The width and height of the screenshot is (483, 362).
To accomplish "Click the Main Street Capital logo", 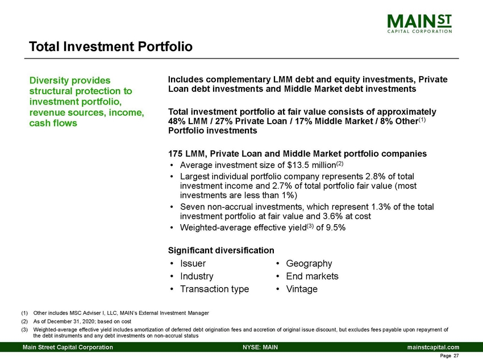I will [x=419, y=24].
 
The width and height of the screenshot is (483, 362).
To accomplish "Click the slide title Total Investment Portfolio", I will [x=111, y=46].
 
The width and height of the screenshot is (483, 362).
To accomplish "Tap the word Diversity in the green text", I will [x=51, y=80].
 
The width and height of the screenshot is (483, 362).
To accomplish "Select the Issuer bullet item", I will [x=193, y=263].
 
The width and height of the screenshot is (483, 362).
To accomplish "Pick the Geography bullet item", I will [x=309, y=263].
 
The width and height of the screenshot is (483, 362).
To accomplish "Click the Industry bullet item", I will [x=196, y=276].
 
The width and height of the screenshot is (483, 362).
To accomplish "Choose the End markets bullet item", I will [x=312, y=276].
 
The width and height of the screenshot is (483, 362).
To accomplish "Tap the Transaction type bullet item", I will [x=214, y=289].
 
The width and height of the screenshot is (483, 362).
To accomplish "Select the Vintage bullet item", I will [x=302, y=289].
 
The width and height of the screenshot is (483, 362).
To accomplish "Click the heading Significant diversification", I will [x=221, y=250].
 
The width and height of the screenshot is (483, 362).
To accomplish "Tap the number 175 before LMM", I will [x=176, y=153].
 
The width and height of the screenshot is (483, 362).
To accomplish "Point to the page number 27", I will [x=455, y=356].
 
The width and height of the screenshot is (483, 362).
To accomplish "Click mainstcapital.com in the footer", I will [x=432, y=347].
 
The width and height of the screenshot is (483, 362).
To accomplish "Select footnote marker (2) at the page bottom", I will [x=24, y=321].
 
